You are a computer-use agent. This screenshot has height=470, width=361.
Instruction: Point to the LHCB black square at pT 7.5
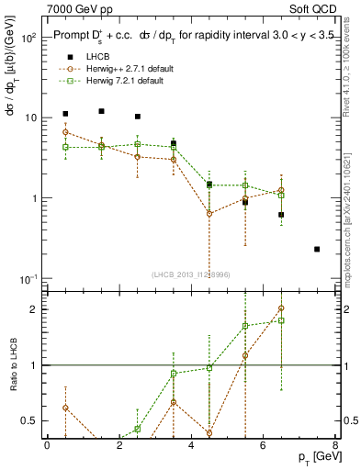click(x=317, y=249)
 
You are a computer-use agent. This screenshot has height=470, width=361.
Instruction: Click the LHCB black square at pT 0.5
click(x=65, y=114)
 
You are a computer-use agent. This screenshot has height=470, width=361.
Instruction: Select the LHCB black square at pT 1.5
click(x=101, y=111)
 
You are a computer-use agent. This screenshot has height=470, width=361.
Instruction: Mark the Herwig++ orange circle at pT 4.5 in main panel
click(x=209, y=213)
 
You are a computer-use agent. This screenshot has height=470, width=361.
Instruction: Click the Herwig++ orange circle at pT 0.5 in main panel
click(x=65, y=132)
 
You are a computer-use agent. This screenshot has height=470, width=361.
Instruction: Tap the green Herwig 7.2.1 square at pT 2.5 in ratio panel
click(x=138, y=429)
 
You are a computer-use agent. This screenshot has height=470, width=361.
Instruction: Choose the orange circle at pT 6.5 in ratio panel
click(x=281, y=308)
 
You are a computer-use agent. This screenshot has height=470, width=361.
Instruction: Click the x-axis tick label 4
click(x=190, y=444)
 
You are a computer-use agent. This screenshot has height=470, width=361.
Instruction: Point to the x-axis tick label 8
click(x=334, y=444)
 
